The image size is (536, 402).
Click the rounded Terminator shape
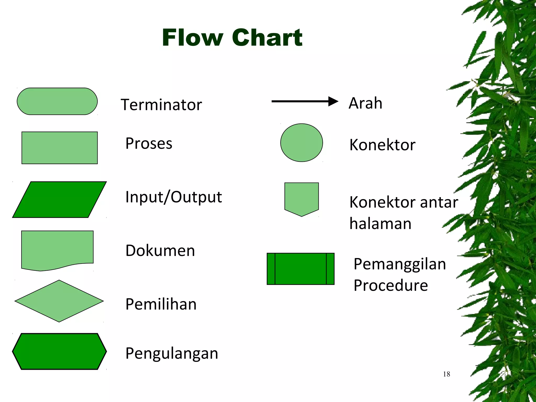57,101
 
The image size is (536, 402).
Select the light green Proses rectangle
59,148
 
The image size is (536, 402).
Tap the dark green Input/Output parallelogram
59,199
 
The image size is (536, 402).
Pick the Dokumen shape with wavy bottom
57,249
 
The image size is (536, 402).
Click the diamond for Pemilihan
59,301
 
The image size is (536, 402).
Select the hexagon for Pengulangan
59,351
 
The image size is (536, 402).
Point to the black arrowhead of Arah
333,101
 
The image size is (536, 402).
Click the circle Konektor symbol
301,143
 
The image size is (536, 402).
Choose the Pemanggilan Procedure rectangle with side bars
300,269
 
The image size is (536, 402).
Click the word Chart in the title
267,38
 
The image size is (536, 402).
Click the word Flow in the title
193,38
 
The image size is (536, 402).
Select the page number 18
446,374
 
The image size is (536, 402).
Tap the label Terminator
161,105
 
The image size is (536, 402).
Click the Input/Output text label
174,197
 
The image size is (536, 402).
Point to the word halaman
380,224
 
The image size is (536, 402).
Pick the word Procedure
391,285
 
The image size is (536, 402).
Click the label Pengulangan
172,353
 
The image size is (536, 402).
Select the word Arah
365,103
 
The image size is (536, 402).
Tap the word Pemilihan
161,304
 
